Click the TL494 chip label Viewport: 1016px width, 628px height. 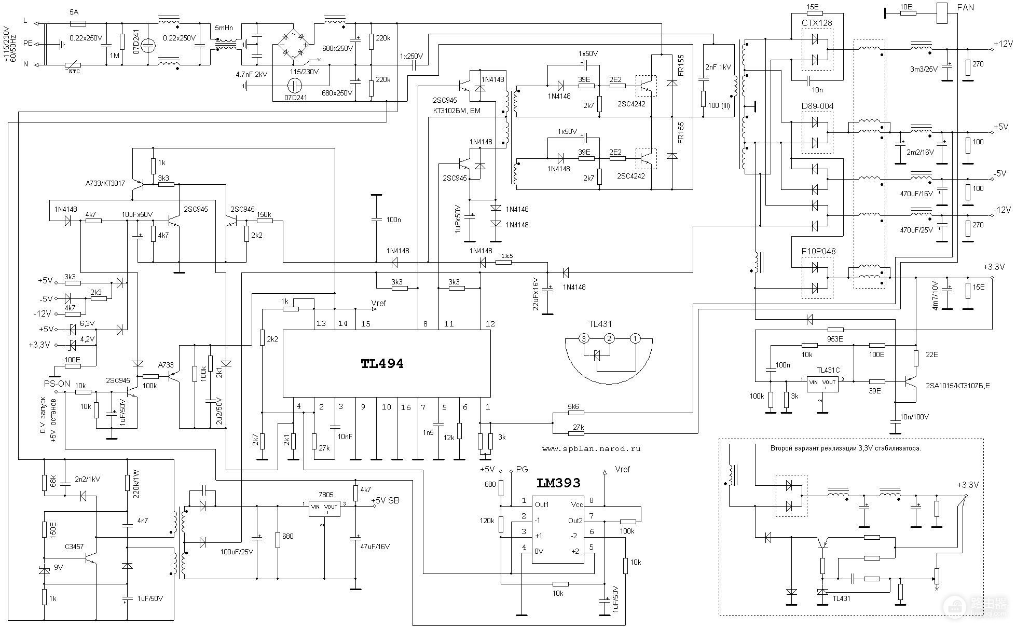382,364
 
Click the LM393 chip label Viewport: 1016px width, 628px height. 558,483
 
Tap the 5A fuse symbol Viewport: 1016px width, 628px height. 77,23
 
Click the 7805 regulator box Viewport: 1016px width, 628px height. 324,509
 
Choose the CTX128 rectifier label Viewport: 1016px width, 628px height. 817,23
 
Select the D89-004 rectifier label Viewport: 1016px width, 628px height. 817,106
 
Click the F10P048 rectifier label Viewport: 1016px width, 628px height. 818,251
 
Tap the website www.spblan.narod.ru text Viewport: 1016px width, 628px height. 591,448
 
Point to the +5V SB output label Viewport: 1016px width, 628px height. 385,500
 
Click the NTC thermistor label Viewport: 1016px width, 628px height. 74,72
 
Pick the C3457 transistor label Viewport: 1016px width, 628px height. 74,547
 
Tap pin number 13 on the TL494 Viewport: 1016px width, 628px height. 321,323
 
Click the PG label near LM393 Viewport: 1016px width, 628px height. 521,469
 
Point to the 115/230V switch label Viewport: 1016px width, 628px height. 304,72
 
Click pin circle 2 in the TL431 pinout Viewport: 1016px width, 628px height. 610,339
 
